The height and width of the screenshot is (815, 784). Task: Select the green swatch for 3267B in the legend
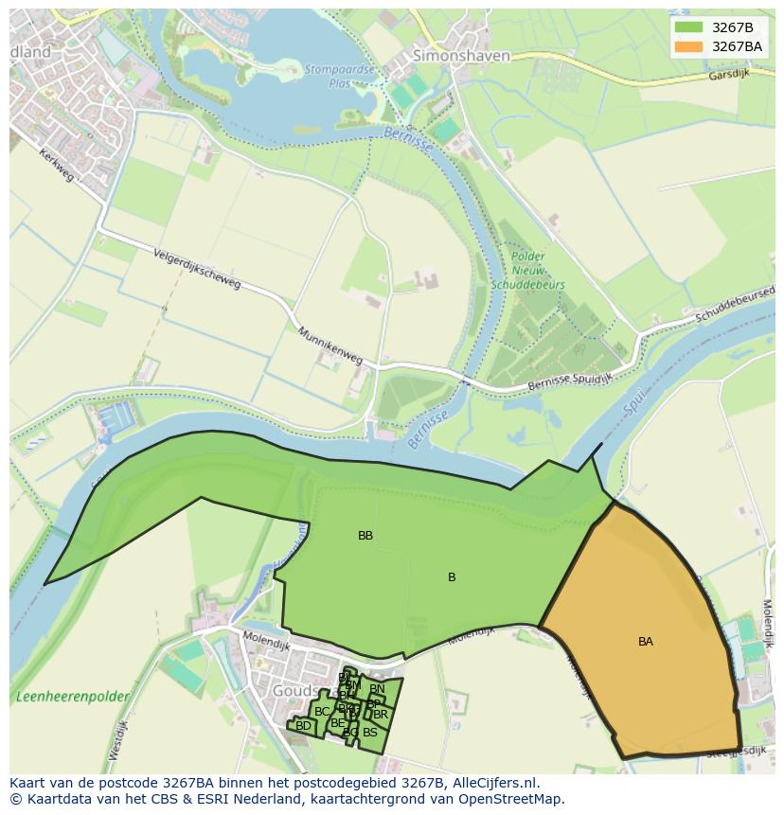pos(688,27)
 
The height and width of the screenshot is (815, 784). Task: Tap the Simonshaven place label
pos(461,56)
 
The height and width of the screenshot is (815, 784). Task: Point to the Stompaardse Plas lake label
pos(340,75)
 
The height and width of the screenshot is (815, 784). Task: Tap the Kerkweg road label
pos(56,166)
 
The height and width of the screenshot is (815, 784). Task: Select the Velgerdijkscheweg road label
pos(197,270)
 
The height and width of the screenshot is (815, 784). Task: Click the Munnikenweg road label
pos(330,346)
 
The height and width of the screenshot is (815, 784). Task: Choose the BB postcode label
pos(365,536)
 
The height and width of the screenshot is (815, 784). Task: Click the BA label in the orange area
pos(646,642)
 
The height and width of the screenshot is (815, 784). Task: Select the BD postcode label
pos(303,727)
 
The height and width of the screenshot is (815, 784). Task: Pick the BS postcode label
pos(370,733)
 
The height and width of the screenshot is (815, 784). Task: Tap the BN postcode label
pos(377,689)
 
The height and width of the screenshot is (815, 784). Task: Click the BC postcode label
pos(322,712)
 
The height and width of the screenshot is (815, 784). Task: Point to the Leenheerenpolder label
pos(72,697)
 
